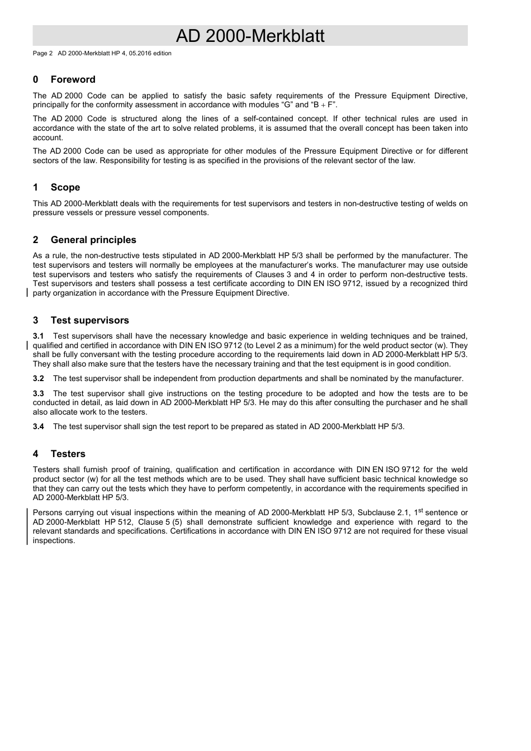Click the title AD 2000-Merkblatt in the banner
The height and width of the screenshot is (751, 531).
click(250, 36)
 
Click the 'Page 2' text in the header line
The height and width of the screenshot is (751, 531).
click(42, 54)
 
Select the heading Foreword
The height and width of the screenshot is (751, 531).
click(73, 79)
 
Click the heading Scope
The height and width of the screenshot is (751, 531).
click(65, 187)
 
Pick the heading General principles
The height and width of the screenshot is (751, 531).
click(93, 240)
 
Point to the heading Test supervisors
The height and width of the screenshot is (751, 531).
click(89, 320)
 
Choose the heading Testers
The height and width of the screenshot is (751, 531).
click(68, 454)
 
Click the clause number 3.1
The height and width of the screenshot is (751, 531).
click(38, 336)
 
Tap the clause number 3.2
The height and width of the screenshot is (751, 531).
click(38, 378)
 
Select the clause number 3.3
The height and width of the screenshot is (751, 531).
click(38, 393)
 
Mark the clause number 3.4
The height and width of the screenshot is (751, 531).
click(38, 426)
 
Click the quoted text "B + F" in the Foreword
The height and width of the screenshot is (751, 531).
click(324, 104)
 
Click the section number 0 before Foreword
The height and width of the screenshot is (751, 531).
click(35, 79)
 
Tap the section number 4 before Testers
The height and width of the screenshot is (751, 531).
click(35, 454)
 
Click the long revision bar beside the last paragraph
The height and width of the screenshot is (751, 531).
click(28, 526)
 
